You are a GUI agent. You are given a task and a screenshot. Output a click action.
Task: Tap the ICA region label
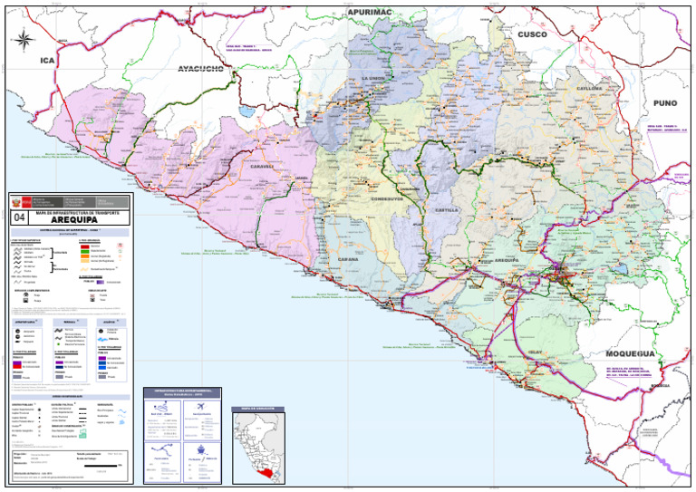pyautogui.click(x=46, y=60)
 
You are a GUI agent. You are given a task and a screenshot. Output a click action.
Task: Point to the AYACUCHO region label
pyautogui.click(x=207, y=69)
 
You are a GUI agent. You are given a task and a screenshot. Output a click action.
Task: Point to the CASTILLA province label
pyautogui.click(x=446, y=209)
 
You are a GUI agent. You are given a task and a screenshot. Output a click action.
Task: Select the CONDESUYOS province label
pyautogui.click(x=391, y=198)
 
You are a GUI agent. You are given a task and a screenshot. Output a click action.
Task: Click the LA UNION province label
pyautogui.click(x=373, y=80)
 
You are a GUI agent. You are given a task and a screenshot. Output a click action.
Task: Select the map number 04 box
pyautogui.click(x=20, y=218)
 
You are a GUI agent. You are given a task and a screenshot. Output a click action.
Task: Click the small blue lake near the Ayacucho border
pyautogui.click(x=246, y=113)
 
